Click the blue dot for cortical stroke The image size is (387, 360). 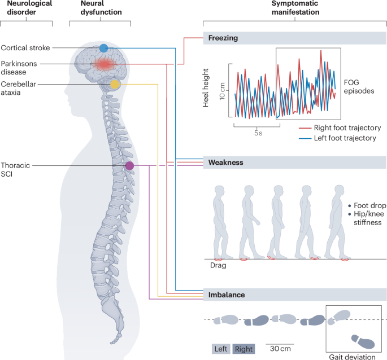(103, 48)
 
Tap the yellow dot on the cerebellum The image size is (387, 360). (115, 85)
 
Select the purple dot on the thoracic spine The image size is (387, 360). (129, 165)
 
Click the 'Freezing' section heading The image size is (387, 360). (223, 38)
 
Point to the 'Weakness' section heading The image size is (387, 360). (225, 163)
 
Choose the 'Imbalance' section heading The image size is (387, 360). (225, 294)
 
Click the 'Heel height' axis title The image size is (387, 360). (207, 87)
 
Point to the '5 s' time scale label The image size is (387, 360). (257, 133)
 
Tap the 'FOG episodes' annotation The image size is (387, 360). (359, 85)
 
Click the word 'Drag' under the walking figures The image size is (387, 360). (218, 265)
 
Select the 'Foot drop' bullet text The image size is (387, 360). (369, 206)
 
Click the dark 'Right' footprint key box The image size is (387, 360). (244, 349)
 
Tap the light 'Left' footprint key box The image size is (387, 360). (220, 349)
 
